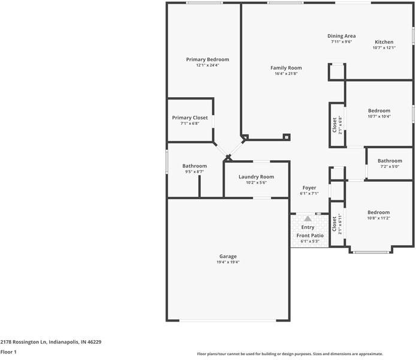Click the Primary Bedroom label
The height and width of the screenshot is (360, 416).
[x=207, y=59]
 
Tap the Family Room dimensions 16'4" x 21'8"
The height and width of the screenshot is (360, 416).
[x=286, y=74]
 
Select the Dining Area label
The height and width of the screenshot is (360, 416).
[x=341, y=36]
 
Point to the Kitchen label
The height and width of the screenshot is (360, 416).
[x=384, y=42]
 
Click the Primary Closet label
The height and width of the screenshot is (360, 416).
[x=189, y=118]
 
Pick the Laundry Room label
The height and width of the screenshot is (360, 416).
[x=256, y=176]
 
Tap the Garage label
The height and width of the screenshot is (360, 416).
[x=228, y=256]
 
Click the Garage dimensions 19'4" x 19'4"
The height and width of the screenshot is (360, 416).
[x=228, y=262]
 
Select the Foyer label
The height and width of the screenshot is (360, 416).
[x=309, y=188]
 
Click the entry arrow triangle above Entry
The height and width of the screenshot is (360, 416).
[x=308, y=219]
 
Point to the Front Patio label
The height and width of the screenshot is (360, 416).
[x=310, y=236]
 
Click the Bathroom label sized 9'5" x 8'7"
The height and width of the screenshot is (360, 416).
[x=194, y=166]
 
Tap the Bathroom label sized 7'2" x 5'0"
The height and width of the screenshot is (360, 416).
[x=390, y=161]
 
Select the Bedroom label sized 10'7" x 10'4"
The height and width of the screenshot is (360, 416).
[x=379, y=110]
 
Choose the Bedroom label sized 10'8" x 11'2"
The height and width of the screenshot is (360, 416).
[x=378, y=212]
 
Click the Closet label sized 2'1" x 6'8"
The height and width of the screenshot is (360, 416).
[x=334, y=124]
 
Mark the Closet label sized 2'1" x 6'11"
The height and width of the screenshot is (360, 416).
[x=334, y=223]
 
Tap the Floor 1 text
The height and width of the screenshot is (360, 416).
[x=8, y=352]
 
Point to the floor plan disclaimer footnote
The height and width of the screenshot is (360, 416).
[x=290, y=354]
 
